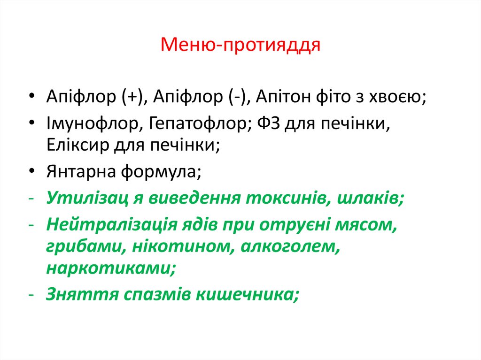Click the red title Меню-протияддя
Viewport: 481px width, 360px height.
(240, 46)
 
